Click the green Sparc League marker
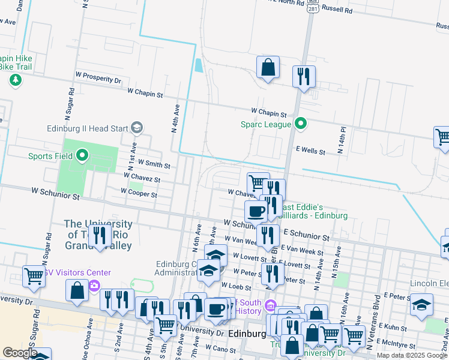click(x=301, y=124)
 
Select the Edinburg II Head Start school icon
click(x=137, y=127)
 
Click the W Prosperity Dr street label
click(x=98, y=79)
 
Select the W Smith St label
click(x=154, y=163)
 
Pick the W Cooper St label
click(x=139, y=194)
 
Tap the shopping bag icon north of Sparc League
click(x=268, y=67)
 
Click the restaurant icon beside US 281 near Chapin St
click(x=304, y=77)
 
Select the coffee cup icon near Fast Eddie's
click(x=256, y=212)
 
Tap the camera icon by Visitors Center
click(x=94, y=285)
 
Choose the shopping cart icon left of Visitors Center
click(x=34, y=277)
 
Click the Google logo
click(x=20, y=353)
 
